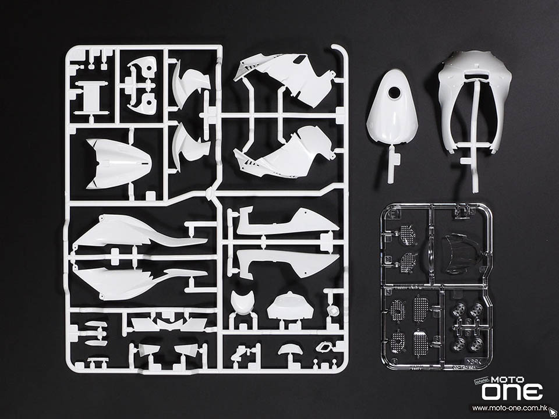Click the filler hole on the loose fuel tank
coord(394,93)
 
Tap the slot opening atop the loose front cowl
coord(476,75)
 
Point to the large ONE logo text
coord(512,392)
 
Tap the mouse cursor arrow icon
coord(553,411)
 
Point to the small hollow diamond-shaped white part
coord(324,347)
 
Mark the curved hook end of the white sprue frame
coord(341,49)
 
